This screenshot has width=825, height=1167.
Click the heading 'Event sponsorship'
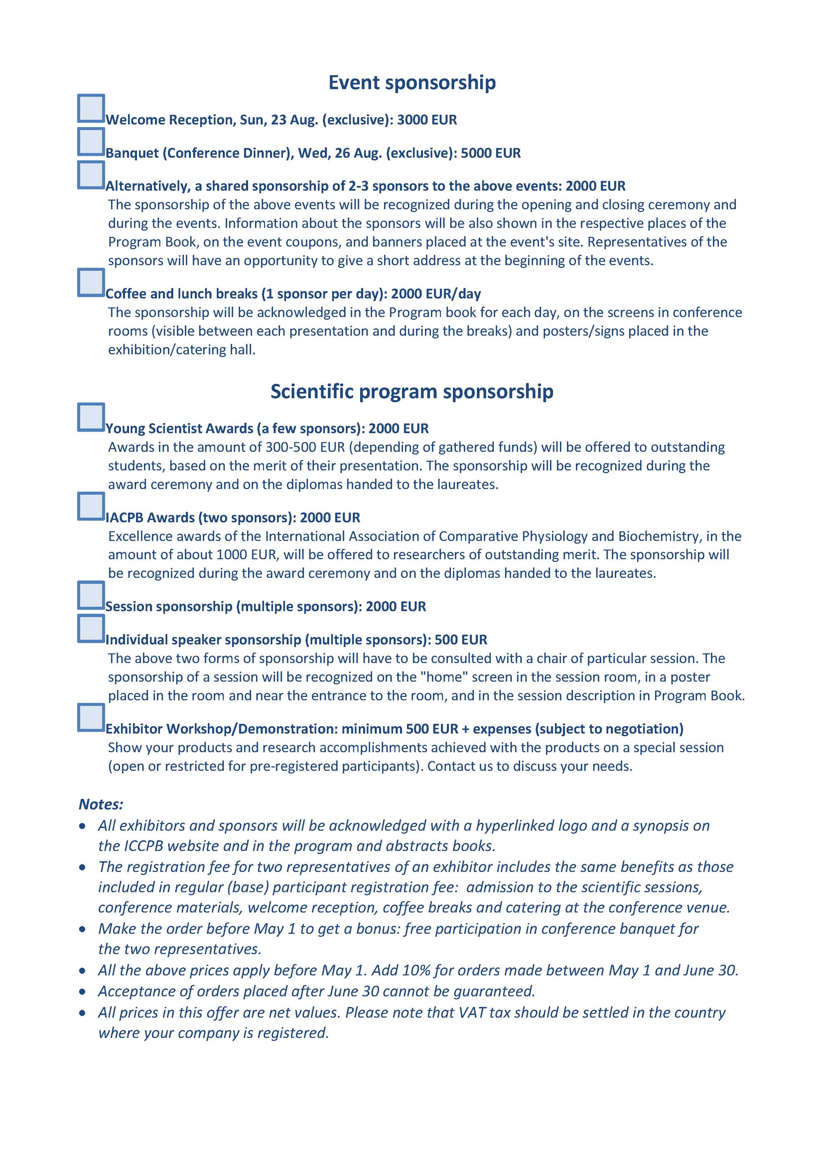click(412, 83)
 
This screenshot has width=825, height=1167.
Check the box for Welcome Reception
click(91, 108)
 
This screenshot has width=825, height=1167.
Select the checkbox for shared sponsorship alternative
click(91, 175)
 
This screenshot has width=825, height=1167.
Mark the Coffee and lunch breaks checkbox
click(91, 283)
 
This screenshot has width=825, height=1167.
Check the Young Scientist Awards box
click(91, 417)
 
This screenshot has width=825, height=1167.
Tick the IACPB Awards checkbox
click(91, 506)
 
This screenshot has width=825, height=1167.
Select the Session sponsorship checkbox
click(91, 595)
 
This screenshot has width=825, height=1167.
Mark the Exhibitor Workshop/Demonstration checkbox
click(91, 718)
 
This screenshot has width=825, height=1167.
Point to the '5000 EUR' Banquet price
click(491, 154)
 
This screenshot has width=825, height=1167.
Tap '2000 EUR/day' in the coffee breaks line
click(436, 294)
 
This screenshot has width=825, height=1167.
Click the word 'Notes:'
click(101, 805)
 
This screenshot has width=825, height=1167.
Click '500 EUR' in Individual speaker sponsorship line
click(461, 640)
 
